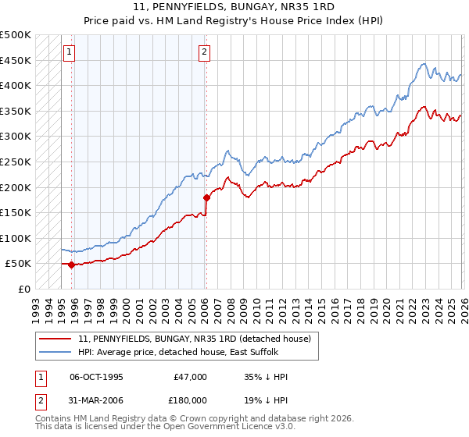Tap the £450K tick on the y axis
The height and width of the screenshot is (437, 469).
coord(16,60)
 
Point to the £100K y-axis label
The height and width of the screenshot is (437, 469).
coord(16,238)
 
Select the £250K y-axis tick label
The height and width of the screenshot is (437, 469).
coord(16,162)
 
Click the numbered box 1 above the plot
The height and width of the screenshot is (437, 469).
coord(70,52)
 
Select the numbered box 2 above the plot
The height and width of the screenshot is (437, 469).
coord(204,52)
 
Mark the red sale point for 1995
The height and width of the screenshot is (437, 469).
coord(71,265)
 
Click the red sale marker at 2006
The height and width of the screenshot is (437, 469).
coord(206,197)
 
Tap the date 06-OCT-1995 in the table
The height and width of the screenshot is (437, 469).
coord(96,377)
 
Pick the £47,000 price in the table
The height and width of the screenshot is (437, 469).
coord(191,377)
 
